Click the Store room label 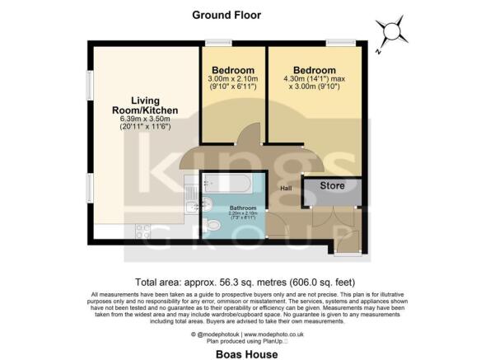click(332, 185)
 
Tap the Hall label click(286, 189)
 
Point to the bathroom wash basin click(208, 203)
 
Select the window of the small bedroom click(219, 44)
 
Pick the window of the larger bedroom click(339, 44)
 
